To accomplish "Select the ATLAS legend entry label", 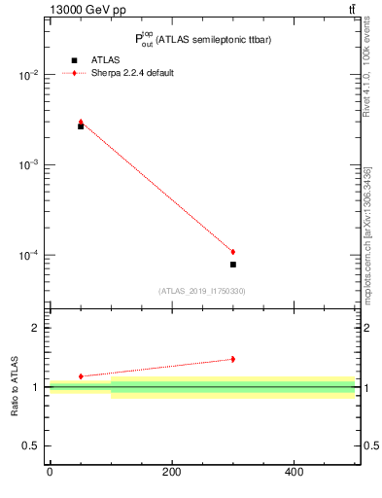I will pyautogui.click(x=108, y=60).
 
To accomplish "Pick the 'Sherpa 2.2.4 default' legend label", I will pyautogui.click(x=134, y=73).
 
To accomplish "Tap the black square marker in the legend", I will pyautogui.click(x=74, y=60).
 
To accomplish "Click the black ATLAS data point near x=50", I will pyautogui.click(x=81, y=126).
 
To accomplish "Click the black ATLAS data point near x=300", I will pyautogui.click(x=233, y=265).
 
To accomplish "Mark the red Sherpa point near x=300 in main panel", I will pyautogui.click(x=233, y=252).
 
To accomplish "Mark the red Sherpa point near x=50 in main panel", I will pyautogui.click(x=81, y=123).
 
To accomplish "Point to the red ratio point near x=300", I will pyautogui.click(x=233, y=359).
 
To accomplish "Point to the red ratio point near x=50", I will pyautogui.click(x=81, y=375).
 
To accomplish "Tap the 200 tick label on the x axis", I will pyautogui.click(x=172, y=473).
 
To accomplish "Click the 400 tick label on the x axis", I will pyautogui.click(x=294, y=473).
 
